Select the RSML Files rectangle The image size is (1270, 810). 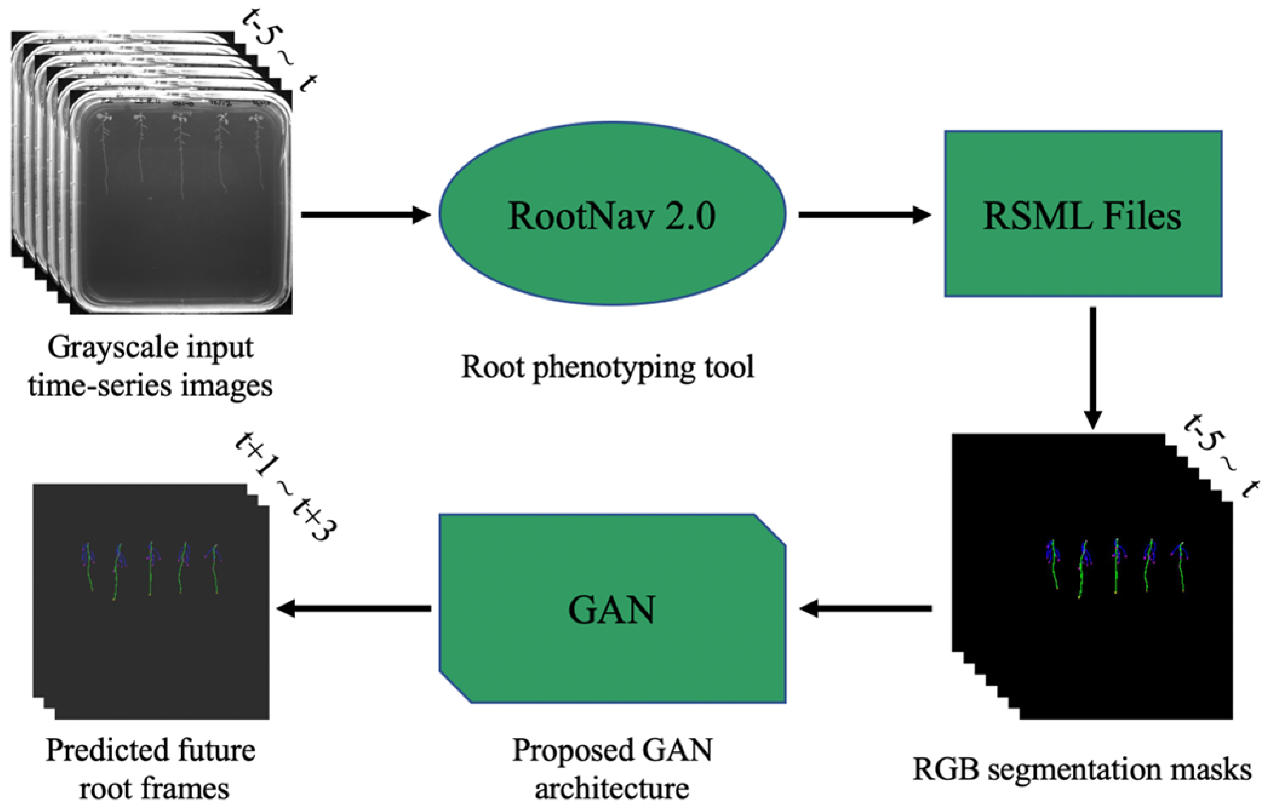coord(1083,214)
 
